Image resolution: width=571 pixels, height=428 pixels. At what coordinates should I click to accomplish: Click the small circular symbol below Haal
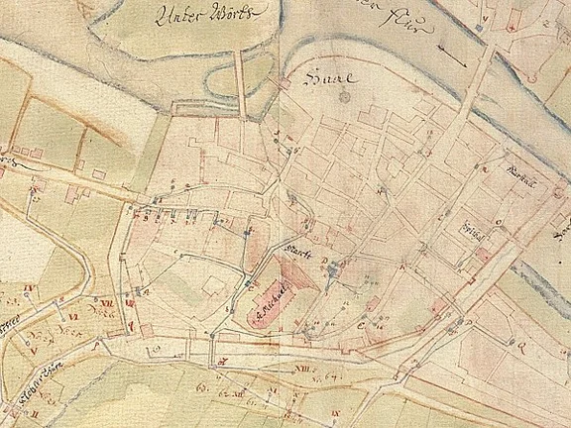344,97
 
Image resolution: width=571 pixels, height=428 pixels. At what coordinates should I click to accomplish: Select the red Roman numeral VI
45,315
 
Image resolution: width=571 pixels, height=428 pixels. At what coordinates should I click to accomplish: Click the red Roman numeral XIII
302,370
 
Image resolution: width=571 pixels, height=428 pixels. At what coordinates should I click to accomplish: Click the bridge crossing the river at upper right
477,79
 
